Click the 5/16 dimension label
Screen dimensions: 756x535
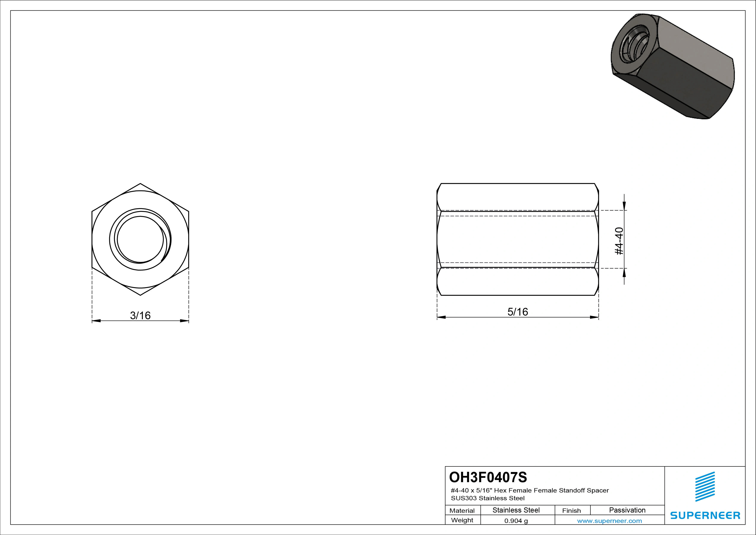coord(518,312)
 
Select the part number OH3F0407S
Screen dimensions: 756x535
coord(488,477)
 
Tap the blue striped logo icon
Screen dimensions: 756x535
coord(705,487)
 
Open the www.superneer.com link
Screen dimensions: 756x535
coord(609,521)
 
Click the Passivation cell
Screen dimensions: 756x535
coord(627,510)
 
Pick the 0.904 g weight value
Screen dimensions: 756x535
coord(516,521)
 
